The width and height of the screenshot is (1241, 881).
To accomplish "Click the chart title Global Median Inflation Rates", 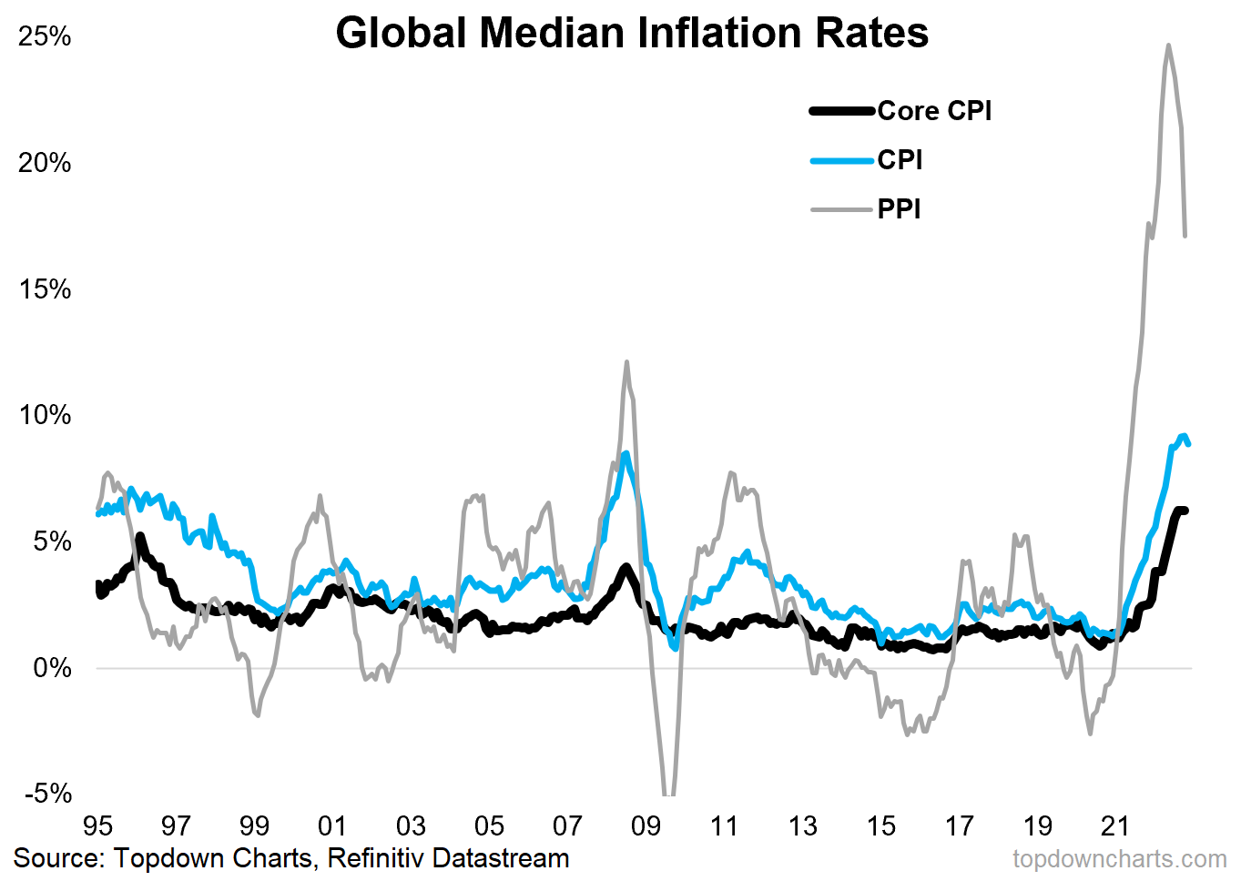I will click(632, 34).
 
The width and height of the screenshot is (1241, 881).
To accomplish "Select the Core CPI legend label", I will click(934, 111).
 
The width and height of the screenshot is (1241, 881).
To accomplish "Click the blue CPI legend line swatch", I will click(842, 161).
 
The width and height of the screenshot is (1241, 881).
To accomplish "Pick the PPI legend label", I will click(899, 209).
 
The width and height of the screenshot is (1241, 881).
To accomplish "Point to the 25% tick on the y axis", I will click(45, 36).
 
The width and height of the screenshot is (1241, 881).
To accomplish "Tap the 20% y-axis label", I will click(45, 163).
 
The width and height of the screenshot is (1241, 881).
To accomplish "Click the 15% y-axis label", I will click(45, 289).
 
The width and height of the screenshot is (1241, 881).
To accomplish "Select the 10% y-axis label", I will click(45, 415).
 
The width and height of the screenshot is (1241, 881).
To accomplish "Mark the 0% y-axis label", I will click(52, 668).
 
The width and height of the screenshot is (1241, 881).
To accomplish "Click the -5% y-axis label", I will click(47, 794).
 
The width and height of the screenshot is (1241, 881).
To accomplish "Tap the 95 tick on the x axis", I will click(97, 825).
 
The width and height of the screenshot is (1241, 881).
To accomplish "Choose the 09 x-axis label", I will click(646, 825).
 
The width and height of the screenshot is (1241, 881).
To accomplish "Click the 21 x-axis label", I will click(1115, 825).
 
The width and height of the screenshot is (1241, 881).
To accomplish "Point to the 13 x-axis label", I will click(802, 825).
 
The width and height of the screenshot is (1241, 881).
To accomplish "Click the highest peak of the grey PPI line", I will click(1168, 45).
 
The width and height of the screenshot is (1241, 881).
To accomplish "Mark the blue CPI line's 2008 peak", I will click(626, 453).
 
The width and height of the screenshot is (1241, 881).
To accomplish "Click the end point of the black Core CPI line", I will click(1185, 511).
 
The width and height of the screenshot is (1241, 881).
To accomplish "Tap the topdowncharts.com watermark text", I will click(1119, 859).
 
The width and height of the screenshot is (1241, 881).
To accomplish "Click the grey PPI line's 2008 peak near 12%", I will click(626, 362).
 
